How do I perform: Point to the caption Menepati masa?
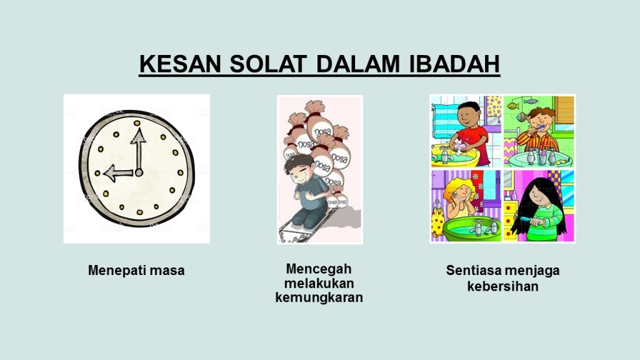[136, 270]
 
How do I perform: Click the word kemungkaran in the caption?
[319, 297]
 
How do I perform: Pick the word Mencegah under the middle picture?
[319, 269]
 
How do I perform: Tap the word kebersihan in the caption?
[502, 286]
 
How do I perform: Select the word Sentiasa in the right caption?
[473, 270]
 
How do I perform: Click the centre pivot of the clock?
[139, 172]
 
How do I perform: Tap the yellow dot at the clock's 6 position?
[139, 212]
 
